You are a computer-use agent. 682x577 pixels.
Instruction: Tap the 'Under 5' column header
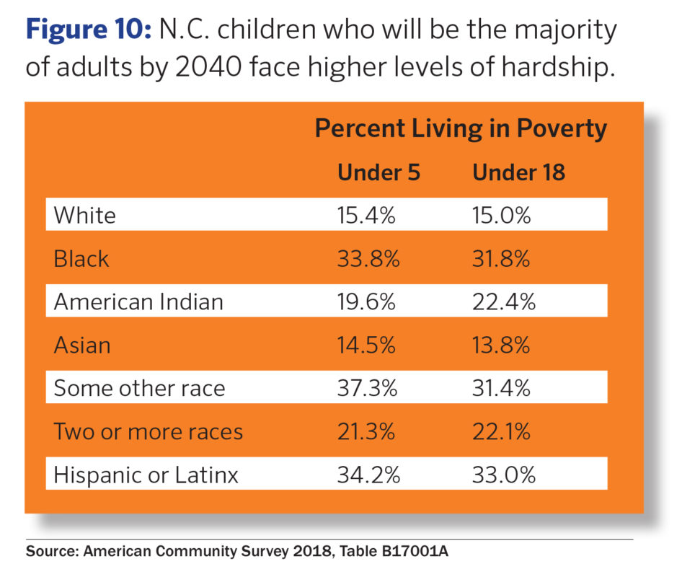tap(378, 173)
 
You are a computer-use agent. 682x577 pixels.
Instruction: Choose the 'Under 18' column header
tap(518, 173)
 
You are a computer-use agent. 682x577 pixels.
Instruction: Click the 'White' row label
tap(84, 215)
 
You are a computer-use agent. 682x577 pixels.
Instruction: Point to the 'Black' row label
tap(81, 258)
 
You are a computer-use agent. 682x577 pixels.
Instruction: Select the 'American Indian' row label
tap(138, 301)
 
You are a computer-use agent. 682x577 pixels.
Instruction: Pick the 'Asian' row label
tap(82, 345)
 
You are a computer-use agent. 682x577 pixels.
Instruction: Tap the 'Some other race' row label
tap(139, 388)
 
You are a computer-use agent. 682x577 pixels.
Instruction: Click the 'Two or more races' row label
tap(148, 431)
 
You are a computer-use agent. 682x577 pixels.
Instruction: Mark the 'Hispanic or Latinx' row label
tap(146, 475)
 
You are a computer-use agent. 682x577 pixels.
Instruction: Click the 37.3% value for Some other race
tap(368, 388)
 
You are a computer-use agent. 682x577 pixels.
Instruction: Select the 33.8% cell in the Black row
tap(368, 258)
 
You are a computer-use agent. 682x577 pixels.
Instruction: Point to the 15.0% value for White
tap(502, 215)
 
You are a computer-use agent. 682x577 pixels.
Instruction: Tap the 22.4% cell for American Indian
tap(503, 301)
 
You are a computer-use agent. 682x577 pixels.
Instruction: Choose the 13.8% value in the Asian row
tap(502, 345)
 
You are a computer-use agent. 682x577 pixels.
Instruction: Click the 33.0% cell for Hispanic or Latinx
tap(503, 475)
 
